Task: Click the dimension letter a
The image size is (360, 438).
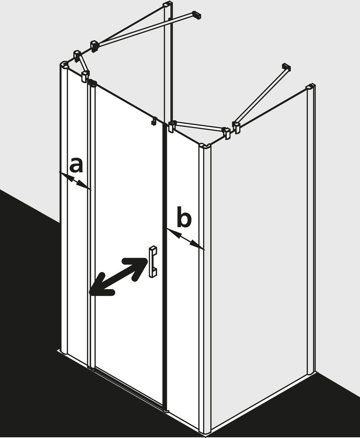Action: coord(76,165)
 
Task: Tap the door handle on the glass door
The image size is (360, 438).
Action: coord(153,262)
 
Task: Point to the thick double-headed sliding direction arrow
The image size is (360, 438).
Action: coord(118,276)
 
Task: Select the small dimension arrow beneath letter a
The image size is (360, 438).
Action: coord(75,181)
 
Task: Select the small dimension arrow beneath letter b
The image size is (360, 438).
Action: coord(186,239)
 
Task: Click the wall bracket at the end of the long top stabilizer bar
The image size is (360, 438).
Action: coord(197,15)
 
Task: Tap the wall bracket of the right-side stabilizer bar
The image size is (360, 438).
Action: coord(286,67)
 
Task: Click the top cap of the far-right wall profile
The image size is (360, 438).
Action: coord(311,87)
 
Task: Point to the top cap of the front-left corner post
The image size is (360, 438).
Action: coord(64,64)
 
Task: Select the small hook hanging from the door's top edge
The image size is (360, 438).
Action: coord(153,121)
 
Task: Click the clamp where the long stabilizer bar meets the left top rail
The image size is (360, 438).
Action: coord(94,47)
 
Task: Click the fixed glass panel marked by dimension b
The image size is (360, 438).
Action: coord(183,279)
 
